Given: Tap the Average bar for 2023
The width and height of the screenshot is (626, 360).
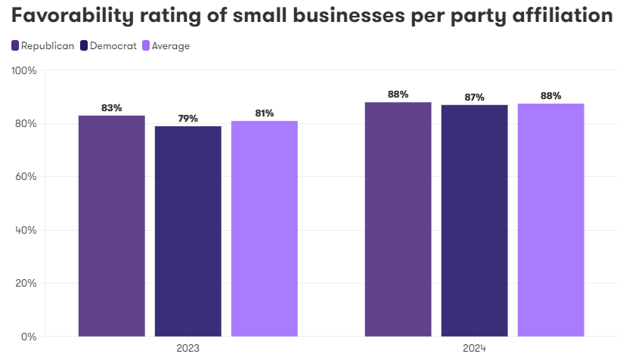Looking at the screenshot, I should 265,228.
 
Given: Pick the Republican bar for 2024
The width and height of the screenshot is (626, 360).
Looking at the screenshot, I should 398,219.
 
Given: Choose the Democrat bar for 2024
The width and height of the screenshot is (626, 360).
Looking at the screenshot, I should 475,220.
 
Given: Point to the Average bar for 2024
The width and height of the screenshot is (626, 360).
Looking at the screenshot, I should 551,219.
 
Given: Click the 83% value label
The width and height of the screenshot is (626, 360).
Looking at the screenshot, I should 112,108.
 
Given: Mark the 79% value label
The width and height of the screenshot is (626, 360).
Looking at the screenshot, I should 188,119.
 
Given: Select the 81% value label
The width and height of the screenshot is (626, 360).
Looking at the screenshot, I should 265,113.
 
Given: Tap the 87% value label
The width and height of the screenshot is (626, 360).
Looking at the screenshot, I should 475,97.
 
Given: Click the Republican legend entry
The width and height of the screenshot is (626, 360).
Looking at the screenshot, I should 43,46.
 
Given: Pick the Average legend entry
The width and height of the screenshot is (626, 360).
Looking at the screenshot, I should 166,46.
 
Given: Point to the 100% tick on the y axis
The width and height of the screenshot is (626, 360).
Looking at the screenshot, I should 24,71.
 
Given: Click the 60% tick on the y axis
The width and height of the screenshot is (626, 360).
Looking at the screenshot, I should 26,177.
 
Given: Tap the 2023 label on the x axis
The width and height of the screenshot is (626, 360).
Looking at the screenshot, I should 188,349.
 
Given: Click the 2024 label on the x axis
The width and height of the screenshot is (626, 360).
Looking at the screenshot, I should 475,349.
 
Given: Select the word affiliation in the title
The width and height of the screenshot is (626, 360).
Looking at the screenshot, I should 560,16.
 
